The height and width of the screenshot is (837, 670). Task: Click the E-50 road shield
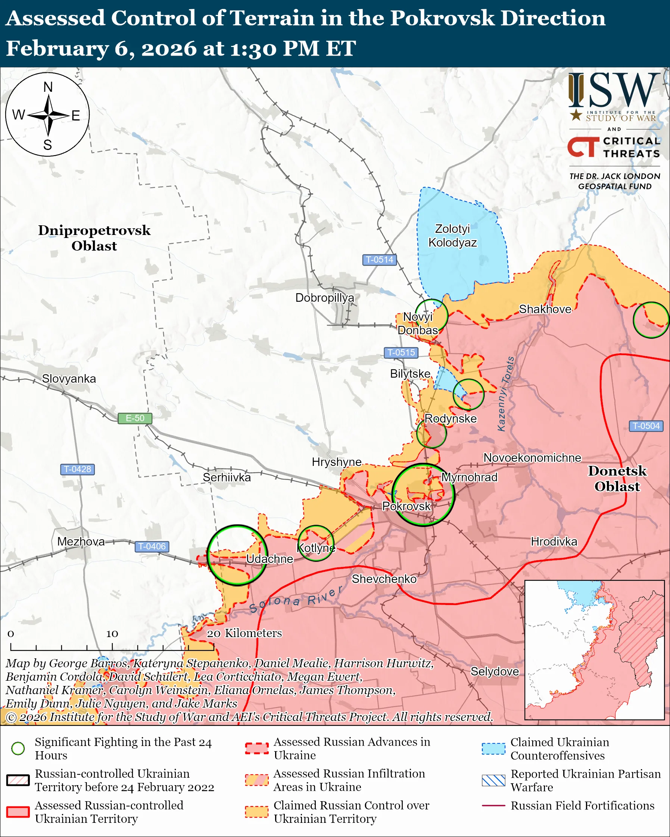(x=135, y=418)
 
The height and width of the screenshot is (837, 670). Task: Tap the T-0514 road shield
(x=379, y=259)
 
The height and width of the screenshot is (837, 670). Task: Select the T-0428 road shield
(x=77, y=469)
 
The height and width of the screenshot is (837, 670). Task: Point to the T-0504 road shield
(x=646, y=426)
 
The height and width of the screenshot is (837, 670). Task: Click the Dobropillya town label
(x=325, y=298)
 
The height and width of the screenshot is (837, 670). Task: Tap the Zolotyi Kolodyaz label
(x=452, y=236)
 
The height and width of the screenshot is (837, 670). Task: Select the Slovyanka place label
(x=69, y=379)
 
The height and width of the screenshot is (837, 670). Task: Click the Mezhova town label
(x=81, y=542)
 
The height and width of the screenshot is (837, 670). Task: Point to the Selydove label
(x=495, y=671)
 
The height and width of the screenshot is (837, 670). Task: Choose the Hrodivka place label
(x=554, y=542)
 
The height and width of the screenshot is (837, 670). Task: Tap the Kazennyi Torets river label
(x=506, y=394)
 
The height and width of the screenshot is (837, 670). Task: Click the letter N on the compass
(x=48, y=87)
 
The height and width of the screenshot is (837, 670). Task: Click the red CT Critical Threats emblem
(x=583, y=147)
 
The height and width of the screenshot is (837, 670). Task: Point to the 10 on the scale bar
(x=112, y=634)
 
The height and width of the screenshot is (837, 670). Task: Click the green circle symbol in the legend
(x=18, y=748)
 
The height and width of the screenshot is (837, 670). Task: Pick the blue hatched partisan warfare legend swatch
(x=493, y=780)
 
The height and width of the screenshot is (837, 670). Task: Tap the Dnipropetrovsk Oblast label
(x=94, y=238)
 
